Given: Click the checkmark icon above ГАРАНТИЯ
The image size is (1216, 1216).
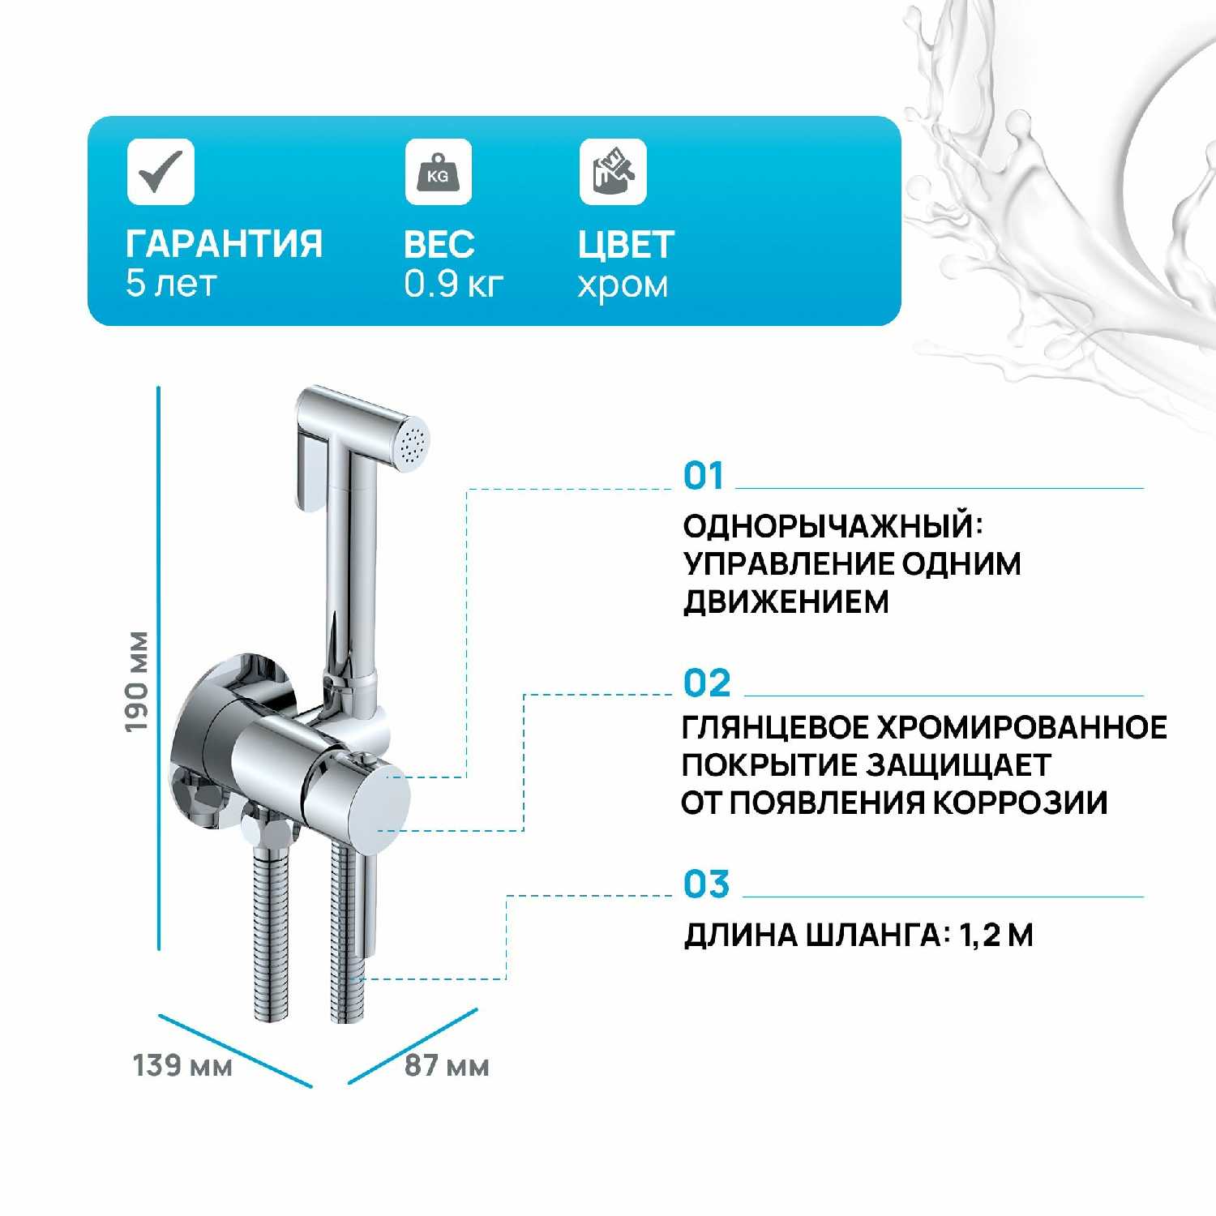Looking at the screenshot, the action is [x=161, y=171].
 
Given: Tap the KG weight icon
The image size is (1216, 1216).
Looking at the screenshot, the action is [x=438, y=171].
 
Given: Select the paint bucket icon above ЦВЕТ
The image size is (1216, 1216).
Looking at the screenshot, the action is [x=613, y=171].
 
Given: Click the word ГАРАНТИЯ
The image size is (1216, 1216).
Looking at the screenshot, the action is [x=225, y=244].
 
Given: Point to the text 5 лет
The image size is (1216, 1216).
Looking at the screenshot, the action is [x=171, y=284].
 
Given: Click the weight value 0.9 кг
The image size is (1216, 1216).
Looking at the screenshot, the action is [x=454, y=284].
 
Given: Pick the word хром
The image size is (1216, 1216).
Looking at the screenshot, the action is [x=623, y=285].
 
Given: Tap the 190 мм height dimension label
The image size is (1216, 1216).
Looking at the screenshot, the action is [x=137, y=682].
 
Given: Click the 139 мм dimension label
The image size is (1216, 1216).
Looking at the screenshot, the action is [x=182, y=1065].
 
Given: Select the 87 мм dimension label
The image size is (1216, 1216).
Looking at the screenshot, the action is [x=447, y=1065].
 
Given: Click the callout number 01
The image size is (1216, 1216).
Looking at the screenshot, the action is [x=703, y=476].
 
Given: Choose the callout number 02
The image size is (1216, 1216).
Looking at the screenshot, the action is [x=707, y=683].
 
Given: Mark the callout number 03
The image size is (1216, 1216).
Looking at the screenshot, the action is [x=707, y=884].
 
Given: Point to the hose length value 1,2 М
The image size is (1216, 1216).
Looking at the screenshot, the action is [x=996, y=936].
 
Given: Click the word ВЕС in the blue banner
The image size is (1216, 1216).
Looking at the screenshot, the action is [x=439, y=244].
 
